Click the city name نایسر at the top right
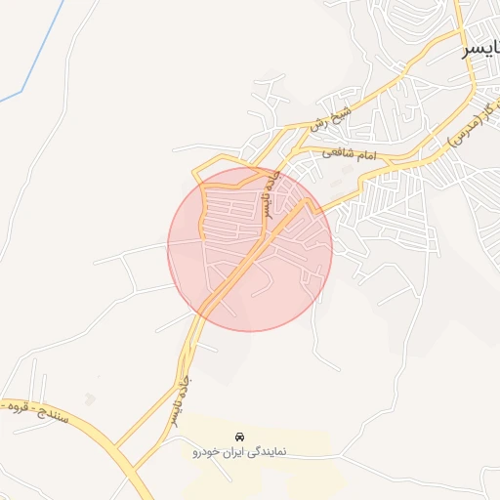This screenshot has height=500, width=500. [481, 49]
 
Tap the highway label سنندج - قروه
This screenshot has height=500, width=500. [33, 409]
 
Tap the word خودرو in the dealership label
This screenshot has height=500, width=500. [208, 453]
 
